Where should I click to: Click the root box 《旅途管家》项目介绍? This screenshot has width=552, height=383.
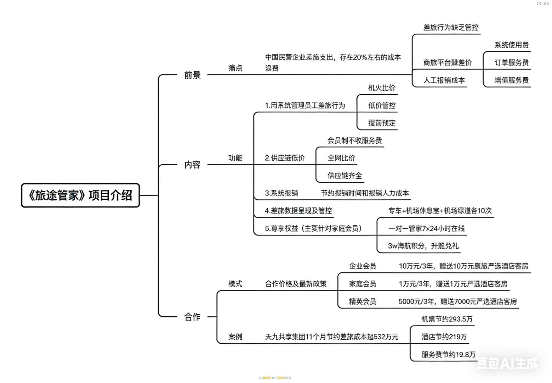(x=80, y=195)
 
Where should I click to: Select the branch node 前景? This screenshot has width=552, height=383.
(x=192, y=75)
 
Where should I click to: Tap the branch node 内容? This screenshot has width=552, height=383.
(x=192, y=165)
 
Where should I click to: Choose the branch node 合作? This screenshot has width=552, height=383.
(x=192, y=317)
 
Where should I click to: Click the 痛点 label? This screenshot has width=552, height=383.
(x=235, y=68)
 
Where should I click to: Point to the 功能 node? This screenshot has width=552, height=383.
(x=235, y=158)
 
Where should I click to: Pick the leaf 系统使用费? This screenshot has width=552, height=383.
(x=512, y=45)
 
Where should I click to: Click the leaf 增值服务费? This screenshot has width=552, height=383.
(x=512, y=80)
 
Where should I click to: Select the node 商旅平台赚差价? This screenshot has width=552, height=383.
(x=448, y=63)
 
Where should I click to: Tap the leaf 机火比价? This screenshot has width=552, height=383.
(x=382, y=88)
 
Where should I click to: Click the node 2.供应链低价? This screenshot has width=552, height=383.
(x=285, y=158)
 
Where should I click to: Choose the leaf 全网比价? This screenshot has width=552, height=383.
(x=341, y=158)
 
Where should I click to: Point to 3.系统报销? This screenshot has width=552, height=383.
(x=281, y=193)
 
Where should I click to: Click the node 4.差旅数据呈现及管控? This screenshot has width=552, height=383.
(x=298, y=211)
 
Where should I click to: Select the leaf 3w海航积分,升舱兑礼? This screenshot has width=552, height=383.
(x=423, y=246)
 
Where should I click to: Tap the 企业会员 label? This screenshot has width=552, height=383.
(x=363, y=266)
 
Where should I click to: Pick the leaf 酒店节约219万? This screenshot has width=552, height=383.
(x=444, y=337)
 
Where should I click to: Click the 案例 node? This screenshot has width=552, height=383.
(x=235, y=337)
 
